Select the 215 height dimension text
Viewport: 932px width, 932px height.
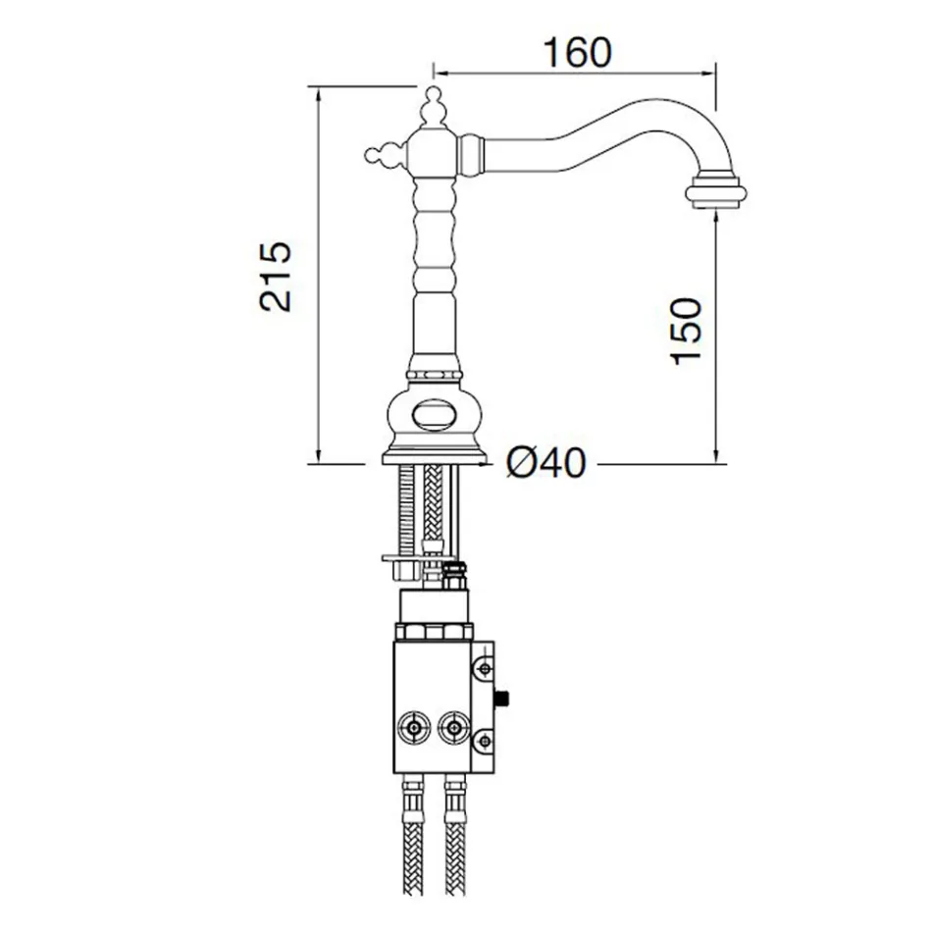[x=276, y=276]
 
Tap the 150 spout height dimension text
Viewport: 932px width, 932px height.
[x=688, y=330]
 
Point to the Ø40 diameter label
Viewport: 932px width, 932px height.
[x=546, y=462]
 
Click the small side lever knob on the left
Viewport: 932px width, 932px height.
[x=376, y=153]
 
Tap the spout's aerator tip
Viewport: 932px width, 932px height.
[x=714, y=189]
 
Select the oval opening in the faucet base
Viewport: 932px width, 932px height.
[x=434, y=415]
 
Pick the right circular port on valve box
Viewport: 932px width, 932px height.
[x=452, y=728]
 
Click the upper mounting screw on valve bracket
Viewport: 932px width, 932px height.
[x=484, y=668]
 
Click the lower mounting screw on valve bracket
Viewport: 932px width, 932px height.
[x=484, y=741]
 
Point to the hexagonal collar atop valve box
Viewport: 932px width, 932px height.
[x=434, y=629]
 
